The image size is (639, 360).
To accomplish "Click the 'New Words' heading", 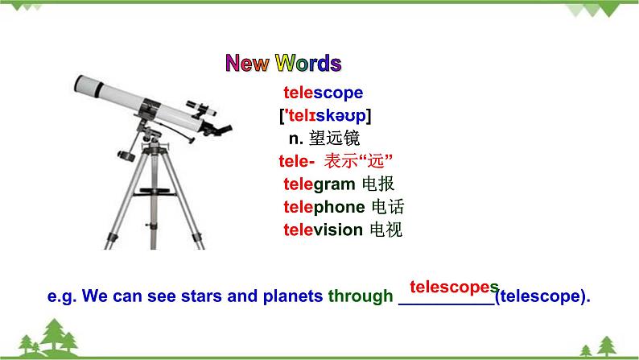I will [x=282, y=64].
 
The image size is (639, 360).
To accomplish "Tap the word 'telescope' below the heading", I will [x=323, y=93].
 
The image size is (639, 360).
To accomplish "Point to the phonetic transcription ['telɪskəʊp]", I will [x=325, y=115].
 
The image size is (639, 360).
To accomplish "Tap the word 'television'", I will [x=323, y=230].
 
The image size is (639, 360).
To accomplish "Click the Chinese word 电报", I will [x=378, y=184].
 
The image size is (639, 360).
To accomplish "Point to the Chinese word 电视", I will [x=386, y=230].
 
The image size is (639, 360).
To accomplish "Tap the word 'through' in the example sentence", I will [x=361, y=296].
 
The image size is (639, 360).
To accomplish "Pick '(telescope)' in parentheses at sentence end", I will [x=542, y=296].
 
